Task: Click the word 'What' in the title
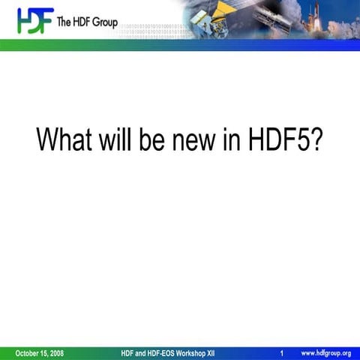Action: coord(64,139)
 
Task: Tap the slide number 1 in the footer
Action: coord(280,352)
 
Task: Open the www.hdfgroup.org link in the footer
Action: coord(325,352)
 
